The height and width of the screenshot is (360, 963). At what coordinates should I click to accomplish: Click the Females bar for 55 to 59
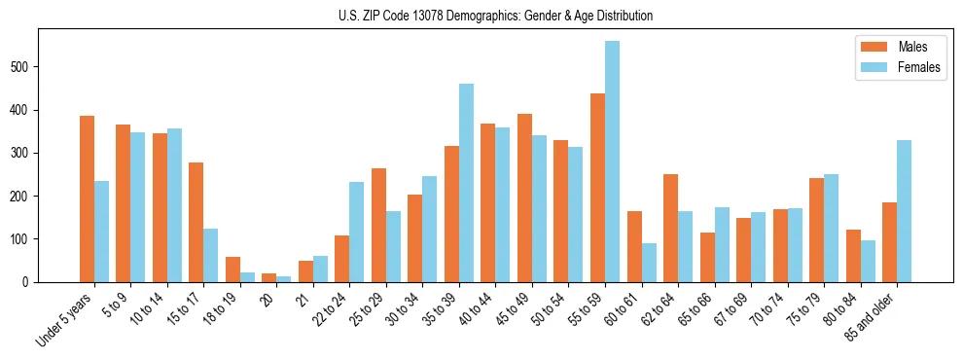pos(612,162)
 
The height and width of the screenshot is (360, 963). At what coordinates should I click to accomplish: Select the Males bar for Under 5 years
pos(87,198)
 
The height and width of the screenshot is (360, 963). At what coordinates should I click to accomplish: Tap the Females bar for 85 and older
pos(904,211)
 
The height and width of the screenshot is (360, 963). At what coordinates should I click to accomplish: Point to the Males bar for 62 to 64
pos(670,228)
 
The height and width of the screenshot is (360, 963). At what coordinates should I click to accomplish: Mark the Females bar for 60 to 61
pos(649,263)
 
